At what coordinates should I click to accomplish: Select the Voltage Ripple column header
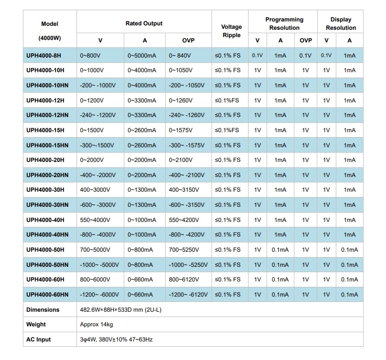(x=231, y=31)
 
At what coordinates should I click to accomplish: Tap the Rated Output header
(x=144, y=23)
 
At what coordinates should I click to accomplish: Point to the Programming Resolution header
(x=284, y=23)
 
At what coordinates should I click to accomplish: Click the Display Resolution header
(x=341, y=23)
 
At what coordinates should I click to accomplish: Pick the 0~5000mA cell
(x=142, y=55)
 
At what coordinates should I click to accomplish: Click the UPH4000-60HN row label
(x=47, y=295)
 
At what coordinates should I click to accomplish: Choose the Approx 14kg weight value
(x=96, y=324)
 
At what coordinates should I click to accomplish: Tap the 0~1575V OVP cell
(x=183, y=130)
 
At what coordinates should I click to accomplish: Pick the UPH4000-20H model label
(x=45, y=160)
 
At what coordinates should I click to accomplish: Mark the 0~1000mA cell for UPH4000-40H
(x=142, y=220)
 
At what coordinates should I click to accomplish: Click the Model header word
(x=50, y=23)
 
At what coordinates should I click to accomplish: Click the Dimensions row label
(x=43, y=310)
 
